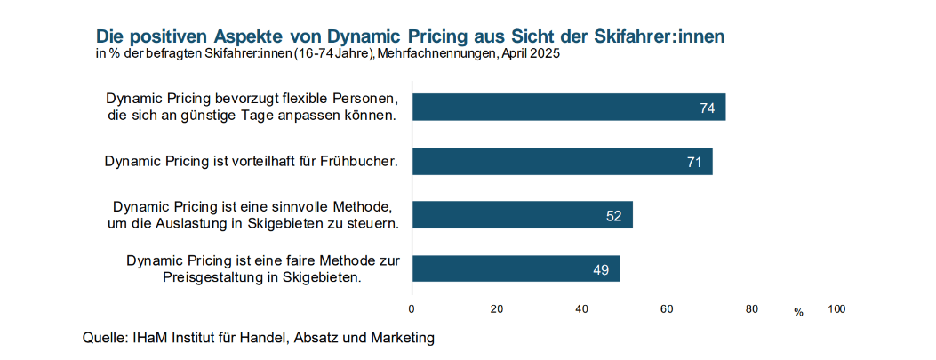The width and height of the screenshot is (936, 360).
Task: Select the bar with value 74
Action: (569, 108)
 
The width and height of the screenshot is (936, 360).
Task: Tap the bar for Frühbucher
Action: (562, 161)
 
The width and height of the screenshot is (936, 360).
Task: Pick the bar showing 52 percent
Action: (522, 215)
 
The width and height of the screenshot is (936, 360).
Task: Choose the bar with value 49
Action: (516, 268)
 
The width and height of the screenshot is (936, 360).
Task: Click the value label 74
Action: (708, 108)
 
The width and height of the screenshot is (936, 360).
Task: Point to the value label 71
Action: (694, 162)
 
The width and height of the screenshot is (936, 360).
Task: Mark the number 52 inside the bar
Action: (613, 216)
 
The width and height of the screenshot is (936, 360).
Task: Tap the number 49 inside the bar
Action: (601, 269)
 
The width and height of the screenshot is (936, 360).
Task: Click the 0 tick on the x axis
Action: (412, 309)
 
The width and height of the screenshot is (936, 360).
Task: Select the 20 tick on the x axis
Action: (497, 309)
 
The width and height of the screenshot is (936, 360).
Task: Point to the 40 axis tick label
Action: (582, 309)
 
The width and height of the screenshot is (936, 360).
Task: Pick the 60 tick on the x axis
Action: (667, 309)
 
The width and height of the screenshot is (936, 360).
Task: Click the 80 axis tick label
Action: (752, 309)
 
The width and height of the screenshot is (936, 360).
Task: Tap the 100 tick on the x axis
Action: (836, 309)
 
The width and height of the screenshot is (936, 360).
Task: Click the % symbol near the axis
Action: (798, 312)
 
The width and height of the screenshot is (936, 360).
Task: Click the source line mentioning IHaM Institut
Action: (259, 338)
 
